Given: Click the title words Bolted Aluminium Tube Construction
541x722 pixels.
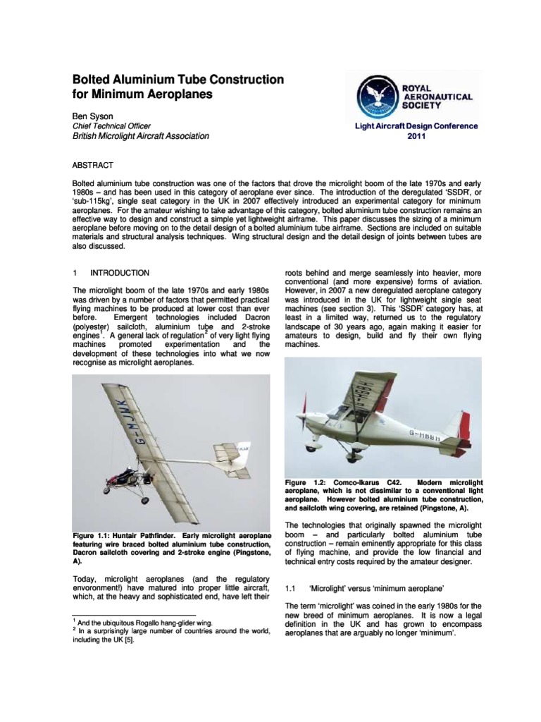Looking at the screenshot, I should click(179, 80).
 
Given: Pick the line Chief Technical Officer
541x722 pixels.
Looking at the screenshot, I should click(112, 126).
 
